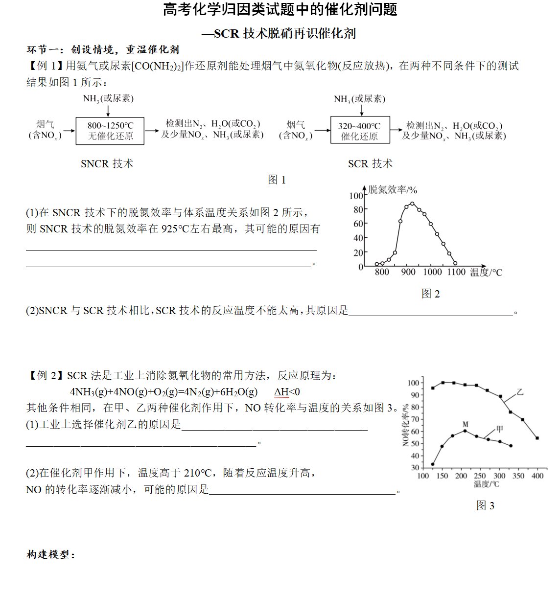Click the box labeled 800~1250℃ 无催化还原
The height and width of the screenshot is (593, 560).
110,131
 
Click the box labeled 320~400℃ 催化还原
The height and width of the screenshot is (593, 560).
360,130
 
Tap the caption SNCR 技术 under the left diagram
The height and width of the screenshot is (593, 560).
107,164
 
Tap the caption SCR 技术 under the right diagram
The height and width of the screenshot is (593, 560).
370,164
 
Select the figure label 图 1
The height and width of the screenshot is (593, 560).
277,180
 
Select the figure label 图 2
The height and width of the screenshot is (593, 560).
431,294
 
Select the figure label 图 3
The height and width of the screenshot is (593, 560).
485,505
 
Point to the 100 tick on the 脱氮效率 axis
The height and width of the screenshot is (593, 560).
356,196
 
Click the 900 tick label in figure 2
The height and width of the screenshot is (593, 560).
408,272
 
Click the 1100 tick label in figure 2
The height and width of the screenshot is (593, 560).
456,272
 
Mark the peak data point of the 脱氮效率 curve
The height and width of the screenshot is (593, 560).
412,204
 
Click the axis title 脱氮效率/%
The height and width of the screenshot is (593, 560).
393,190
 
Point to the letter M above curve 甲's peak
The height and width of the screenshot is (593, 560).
465,424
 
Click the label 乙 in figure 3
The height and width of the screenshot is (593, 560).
519,392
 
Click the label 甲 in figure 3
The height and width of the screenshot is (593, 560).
499,429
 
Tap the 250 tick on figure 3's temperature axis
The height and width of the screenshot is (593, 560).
480,476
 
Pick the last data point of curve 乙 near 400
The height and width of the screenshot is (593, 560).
537,438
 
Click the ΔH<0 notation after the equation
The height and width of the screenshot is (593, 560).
287,392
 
